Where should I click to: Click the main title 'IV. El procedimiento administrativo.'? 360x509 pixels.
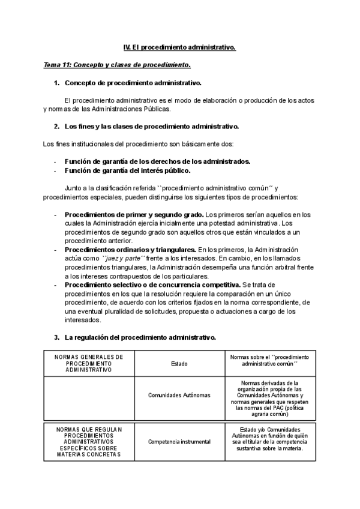(179, 47)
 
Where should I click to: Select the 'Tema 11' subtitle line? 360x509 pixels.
(117, 64)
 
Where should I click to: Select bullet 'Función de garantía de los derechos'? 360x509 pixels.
(157, 161)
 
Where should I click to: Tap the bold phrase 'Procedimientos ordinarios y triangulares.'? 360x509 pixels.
(130, 249)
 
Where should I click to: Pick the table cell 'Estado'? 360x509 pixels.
(179, 363)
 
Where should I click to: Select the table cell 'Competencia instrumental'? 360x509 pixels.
(179, 442)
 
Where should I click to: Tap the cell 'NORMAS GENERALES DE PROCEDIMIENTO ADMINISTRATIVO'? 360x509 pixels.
(89, 363)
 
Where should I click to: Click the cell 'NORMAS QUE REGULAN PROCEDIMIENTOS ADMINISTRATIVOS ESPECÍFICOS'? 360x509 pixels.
(89, 442)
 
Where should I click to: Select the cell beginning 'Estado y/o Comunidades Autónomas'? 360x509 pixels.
(269, 438)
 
